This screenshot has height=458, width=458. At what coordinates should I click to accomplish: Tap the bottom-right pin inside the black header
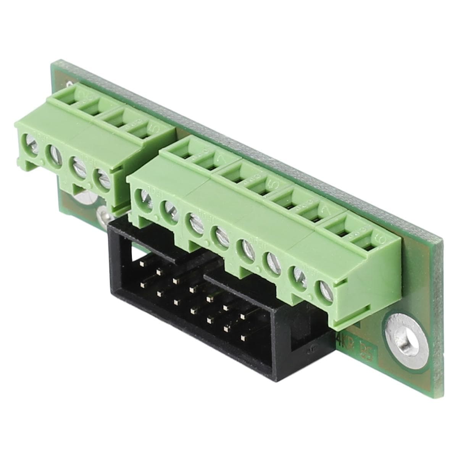tap(243, 337)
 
